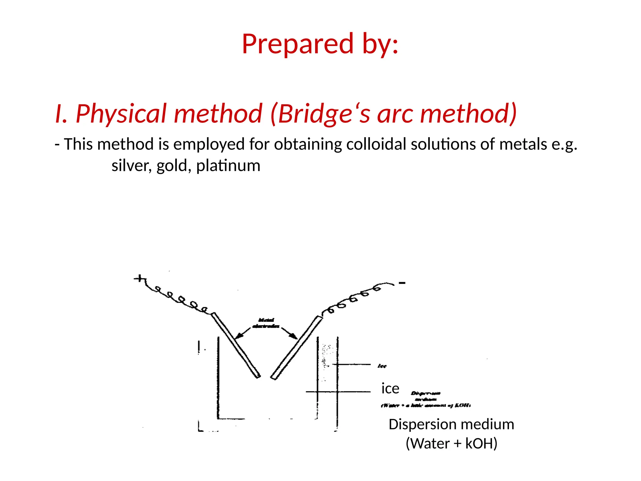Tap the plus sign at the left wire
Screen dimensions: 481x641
click(140, 278)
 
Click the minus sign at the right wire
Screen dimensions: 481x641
click(402, 283)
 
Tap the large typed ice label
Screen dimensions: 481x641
click(390, 389)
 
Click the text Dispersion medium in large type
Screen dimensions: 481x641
click(451, 425)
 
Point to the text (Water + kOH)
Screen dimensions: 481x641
click(451, 443)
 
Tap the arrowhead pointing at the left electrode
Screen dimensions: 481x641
click(238, 336)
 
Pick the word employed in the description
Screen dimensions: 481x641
click(209, 144)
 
